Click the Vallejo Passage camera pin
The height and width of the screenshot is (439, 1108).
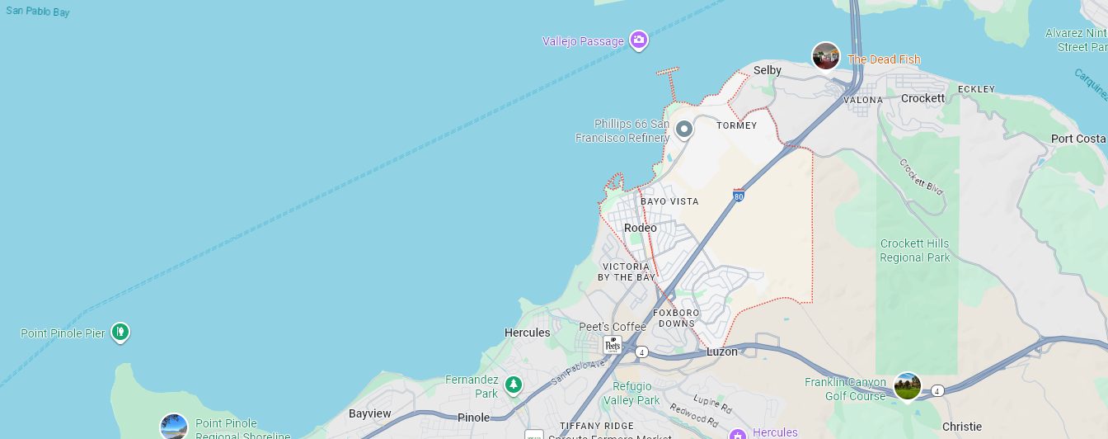tap(638, 40)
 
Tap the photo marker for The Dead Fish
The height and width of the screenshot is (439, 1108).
tap(825, 56)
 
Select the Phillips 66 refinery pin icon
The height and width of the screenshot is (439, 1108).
tap(683, 130)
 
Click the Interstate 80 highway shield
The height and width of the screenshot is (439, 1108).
tap(739, 196)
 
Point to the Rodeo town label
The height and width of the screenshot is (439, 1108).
tap(641, 228)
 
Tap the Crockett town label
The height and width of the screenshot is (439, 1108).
tap(923, 98)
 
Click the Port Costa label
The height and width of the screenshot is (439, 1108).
tap(1078, 139)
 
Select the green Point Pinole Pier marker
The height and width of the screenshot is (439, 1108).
tap(120, 333)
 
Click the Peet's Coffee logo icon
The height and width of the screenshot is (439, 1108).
tap(613, 345)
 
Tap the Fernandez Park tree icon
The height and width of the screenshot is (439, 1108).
tap(514, 385)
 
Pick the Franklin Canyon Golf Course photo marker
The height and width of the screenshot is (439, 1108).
tap(907, 385)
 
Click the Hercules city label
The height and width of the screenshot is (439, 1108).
tap(527, 333)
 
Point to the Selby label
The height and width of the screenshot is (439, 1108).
tap(767, 70)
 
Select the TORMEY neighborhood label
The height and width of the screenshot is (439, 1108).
tap(736, 125)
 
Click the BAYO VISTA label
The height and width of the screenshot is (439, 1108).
tap(669, 201)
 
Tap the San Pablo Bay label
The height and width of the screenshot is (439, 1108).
tap(38, 12)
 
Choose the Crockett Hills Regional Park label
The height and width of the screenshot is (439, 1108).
tap(915, 250)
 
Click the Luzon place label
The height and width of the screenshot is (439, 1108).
tap(722, 352)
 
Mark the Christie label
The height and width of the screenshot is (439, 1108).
tap(962, 427)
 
